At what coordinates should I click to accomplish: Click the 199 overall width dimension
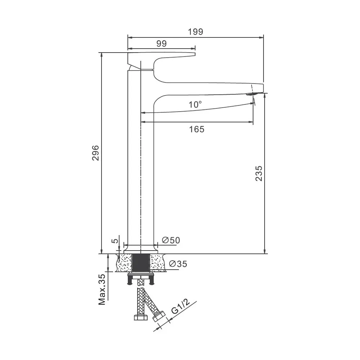[195, 32]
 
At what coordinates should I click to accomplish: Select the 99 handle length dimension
[161, 44]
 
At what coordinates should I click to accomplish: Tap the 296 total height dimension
[95, 153]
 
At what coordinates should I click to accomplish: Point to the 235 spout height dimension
[259, 174]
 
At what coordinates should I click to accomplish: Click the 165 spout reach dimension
[197, 129]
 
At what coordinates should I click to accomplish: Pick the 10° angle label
[195, 104]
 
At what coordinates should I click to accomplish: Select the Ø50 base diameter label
[171, 240]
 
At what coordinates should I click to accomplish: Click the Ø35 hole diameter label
[178, 264]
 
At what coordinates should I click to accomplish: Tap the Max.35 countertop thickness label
[102, 289]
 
